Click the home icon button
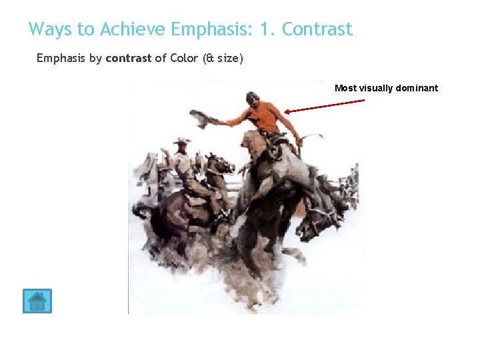37,301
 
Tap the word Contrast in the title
317,29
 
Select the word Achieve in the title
132,29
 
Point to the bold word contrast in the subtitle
129,58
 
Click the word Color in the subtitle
184,58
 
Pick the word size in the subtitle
227,58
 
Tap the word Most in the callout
345,88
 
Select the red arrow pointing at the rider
325,107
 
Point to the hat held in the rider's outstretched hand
203,118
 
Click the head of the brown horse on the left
216,163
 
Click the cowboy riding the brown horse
182,167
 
